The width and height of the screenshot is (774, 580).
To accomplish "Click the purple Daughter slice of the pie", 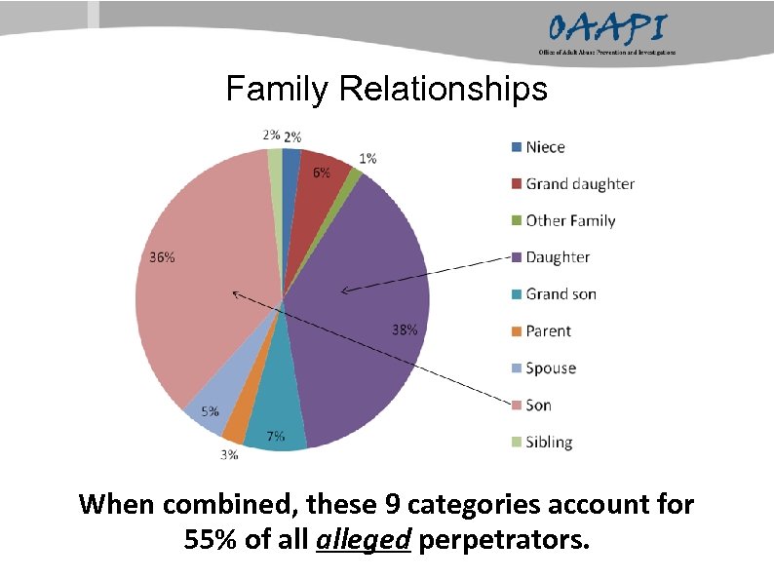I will [x=361, y=331].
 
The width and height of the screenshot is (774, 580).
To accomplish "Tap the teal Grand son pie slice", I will [x=278, y=419].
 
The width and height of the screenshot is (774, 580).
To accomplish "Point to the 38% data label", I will [x=405, y=329].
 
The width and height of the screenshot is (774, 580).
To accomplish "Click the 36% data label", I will [x=162, y=257].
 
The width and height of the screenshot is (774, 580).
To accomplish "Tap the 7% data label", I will [x=276, y=436].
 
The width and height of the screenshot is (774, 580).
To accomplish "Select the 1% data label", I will [x=368, y=158].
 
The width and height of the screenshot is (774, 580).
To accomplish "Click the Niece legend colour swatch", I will [x=514, y=147].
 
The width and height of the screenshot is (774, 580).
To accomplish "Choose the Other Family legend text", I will [x=570, y=220].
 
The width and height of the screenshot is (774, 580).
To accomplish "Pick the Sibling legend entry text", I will [x=549, y=442].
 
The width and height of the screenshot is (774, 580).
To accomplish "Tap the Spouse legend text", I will [x=551, y=367].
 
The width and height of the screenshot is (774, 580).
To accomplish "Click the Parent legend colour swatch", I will [x=514, y=331].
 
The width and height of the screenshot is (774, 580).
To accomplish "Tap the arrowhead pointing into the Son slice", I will [x=235, y=292].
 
